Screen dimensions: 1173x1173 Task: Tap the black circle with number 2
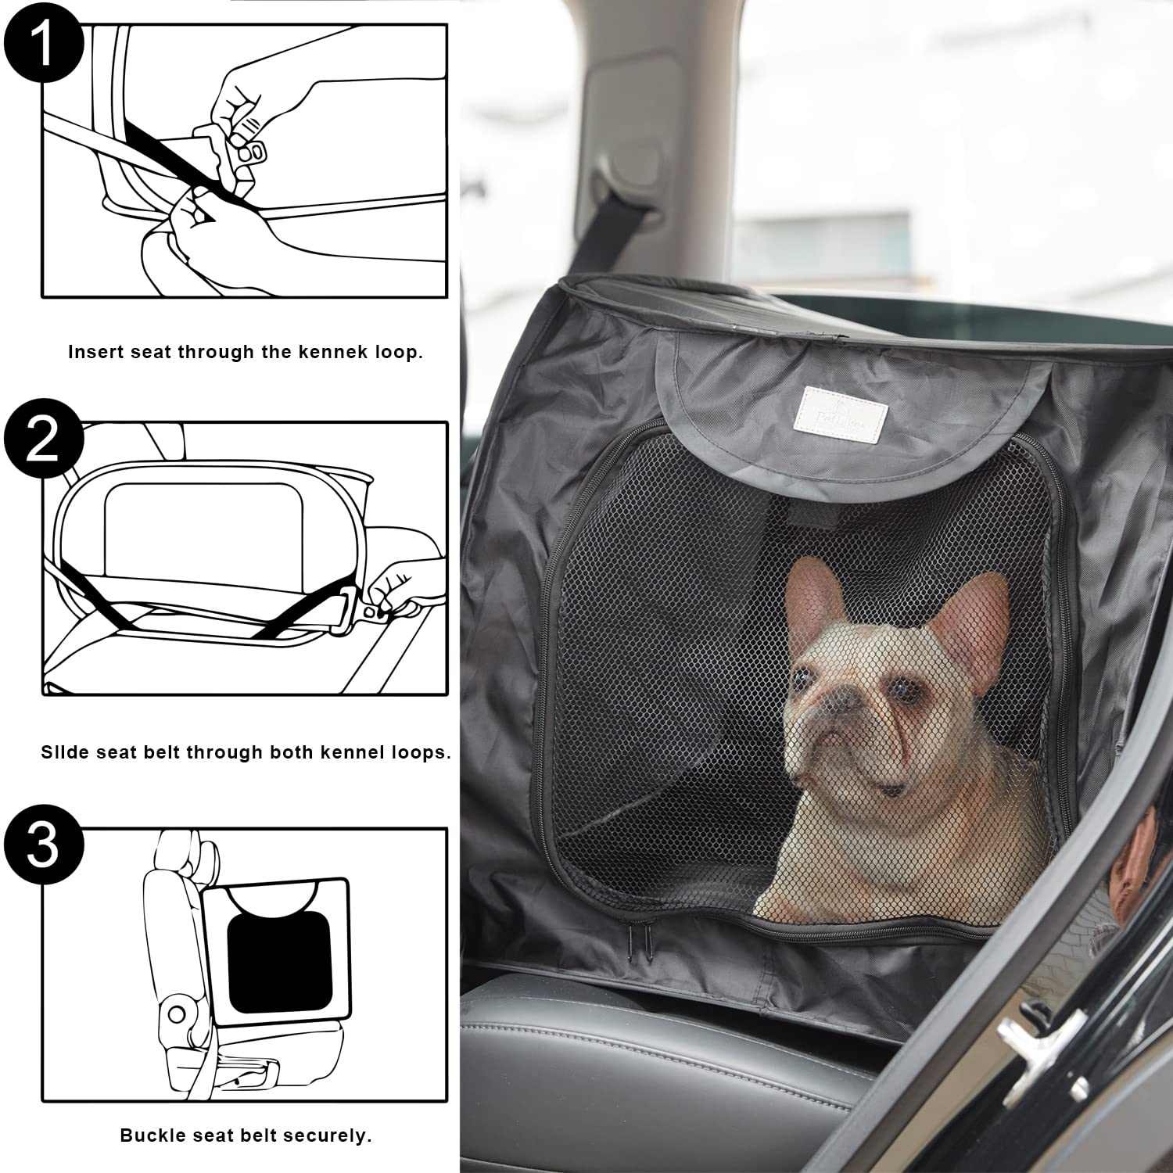pos(43,439)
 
